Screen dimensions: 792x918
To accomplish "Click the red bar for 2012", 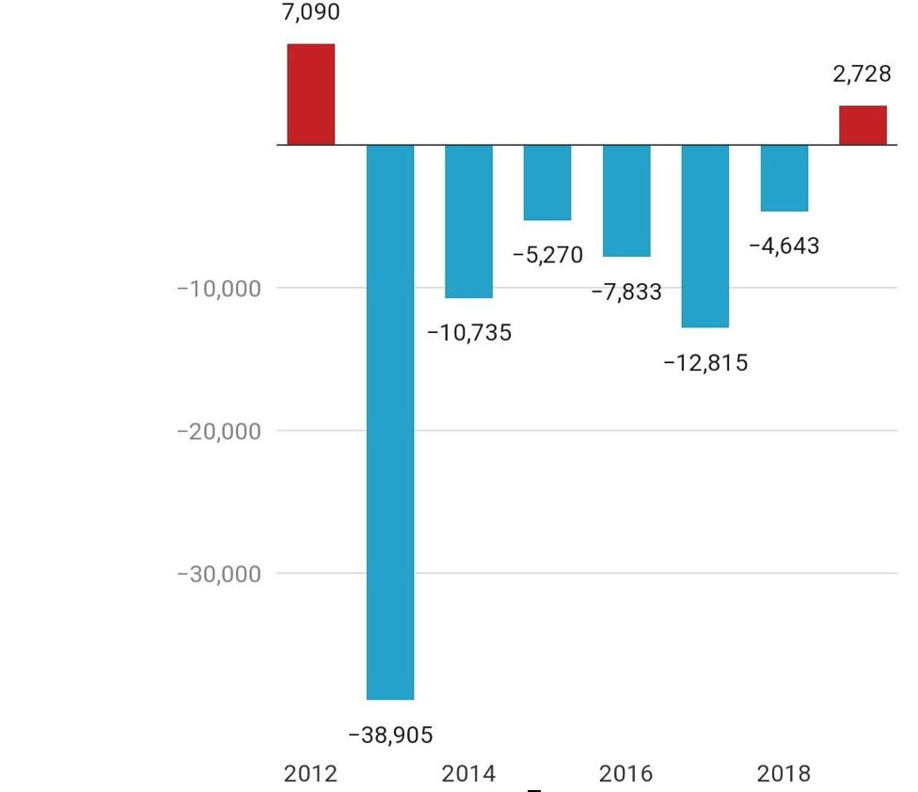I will (x=311, y=94).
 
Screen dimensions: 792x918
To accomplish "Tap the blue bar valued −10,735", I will (x=468, y=221).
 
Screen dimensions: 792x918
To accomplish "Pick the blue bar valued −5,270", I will (x=547, y=182).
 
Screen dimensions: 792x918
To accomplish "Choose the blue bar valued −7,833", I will (x=626, y=200).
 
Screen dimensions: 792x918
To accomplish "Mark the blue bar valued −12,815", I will (x=705, y=236).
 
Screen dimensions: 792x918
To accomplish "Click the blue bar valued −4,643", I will (x=784, y=178).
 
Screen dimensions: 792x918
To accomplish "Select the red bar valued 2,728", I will (x=863, y=125).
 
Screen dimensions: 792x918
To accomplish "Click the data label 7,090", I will (x=310, y=13).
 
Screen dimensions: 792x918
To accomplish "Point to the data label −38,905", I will (x=390, y=736).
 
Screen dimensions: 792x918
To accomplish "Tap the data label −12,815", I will (x=705, y=363).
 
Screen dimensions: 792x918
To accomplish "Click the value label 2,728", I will (x=862, y=74).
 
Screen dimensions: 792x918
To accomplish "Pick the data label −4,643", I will (x=783, y=246).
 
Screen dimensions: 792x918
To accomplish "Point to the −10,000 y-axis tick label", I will (x=218, y=288).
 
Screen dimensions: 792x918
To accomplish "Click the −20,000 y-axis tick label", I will (x=218, y=431).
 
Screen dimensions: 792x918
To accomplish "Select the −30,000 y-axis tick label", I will (x=218, y=574).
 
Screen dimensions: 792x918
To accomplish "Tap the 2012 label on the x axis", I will (x=310, y=774).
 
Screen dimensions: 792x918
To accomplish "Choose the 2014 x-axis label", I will (x=468, y=774).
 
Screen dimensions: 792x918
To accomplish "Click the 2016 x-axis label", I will (x=625, y=774).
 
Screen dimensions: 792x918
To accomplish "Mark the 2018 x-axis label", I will (x=783, y=774).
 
